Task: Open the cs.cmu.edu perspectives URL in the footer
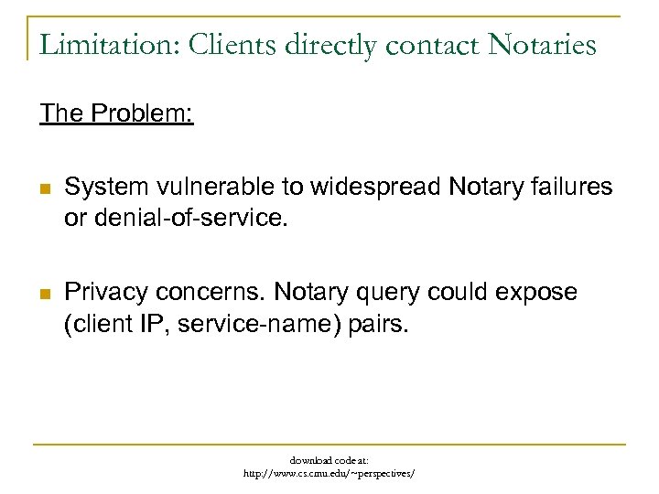pos(329,474)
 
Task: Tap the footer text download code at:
pos(329,460)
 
